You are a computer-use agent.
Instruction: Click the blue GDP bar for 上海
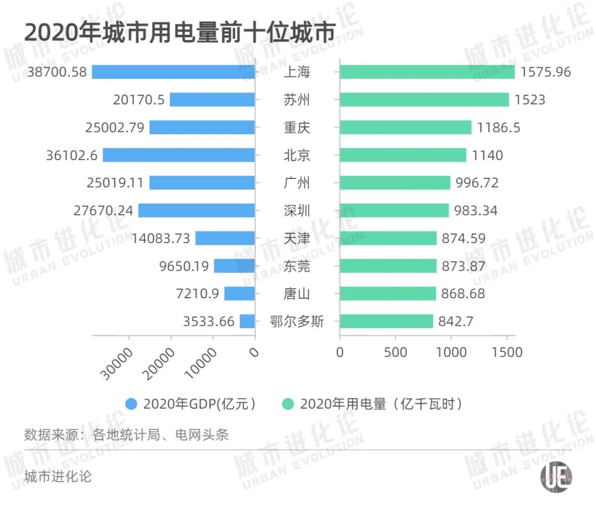173,72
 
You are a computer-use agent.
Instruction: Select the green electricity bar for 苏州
424,99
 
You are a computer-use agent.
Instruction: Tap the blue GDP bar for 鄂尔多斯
247,321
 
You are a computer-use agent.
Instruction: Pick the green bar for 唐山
387,293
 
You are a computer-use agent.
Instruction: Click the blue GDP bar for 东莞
235,266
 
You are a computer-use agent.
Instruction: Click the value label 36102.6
72,155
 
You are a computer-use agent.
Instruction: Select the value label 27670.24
103,210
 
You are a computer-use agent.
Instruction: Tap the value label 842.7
456,321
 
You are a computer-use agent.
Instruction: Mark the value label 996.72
477,183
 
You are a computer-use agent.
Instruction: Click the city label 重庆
297,128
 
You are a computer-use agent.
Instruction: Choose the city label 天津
297,238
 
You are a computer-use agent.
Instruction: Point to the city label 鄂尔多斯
297,321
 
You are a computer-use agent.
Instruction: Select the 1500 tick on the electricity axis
507,352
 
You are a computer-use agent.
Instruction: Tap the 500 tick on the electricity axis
395,352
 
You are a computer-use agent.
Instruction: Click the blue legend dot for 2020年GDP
131,404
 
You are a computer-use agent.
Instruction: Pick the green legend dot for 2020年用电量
288,404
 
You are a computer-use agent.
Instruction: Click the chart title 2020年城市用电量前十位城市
180,33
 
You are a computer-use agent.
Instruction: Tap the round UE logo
556,477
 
